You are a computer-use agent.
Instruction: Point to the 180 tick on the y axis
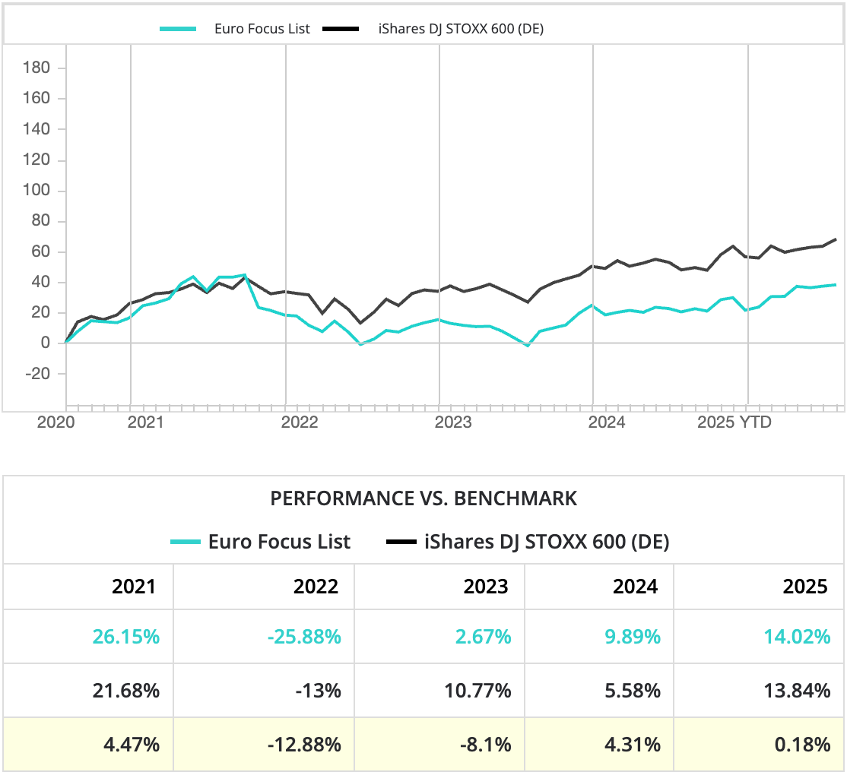point(36,68)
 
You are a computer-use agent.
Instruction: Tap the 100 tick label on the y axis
point(36,191)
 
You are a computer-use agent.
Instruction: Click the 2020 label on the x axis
point(56,422)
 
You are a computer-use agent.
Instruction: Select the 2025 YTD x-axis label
point(734,422)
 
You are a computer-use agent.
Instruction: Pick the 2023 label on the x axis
point(454,422)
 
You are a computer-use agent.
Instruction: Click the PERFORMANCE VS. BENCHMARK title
point(423,498)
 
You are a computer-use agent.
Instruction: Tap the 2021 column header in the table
point(134,587)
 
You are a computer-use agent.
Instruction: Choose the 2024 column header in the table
point(636,587)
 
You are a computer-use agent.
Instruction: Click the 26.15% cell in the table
point(126,637)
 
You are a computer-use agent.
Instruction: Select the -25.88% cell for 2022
point(304,637)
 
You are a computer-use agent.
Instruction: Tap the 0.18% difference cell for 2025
point(802,745)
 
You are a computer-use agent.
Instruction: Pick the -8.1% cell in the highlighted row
point(486,745)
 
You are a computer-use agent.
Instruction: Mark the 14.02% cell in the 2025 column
point(798,637)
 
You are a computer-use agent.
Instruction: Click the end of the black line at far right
point(836,239)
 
